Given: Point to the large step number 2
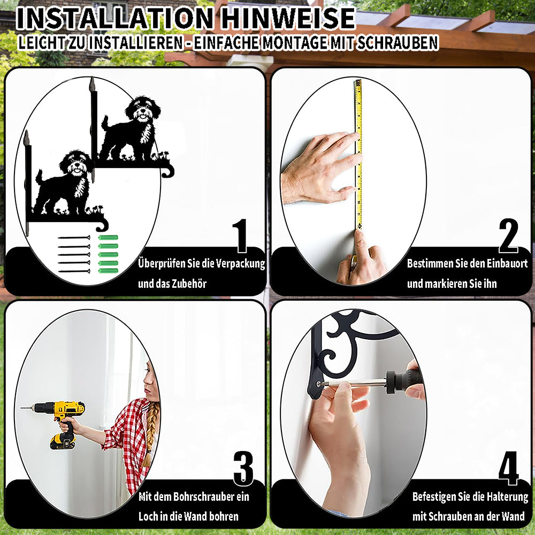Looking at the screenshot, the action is [x=508, y=235].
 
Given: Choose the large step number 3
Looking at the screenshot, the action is [x=243, y=468].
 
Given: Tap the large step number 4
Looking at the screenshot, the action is [x=509, y=468].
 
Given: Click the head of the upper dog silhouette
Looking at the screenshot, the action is [x=143, y=109].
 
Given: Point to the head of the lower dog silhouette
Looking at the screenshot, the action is [x=76, y=163].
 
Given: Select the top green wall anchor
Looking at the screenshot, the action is [x=108, y=238].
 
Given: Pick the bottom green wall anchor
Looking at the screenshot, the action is [x=108, y=271].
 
